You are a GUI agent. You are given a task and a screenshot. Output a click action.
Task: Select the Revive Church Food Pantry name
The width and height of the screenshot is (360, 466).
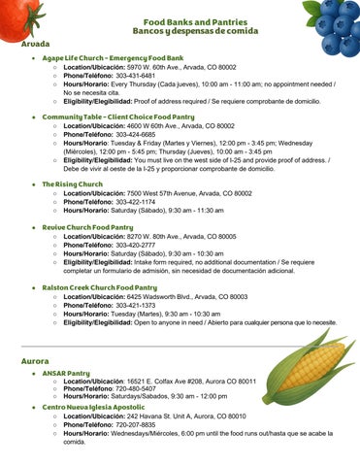(x=87, y=227)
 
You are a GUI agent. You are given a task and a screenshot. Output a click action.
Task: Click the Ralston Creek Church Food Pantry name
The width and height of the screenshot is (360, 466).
(x=99, y=287)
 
